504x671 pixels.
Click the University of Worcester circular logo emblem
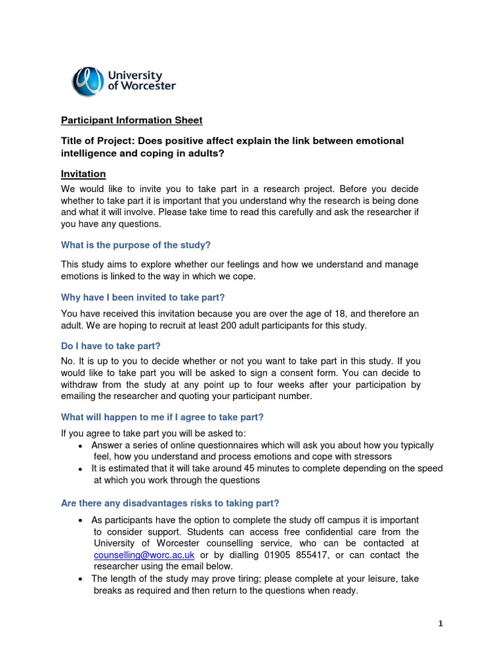(x=87, y=81)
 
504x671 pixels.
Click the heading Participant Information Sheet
(x=132, y=121)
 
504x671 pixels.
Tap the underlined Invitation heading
(x=83, y=174)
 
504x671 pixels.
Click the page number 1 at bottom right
(x=441, y=624)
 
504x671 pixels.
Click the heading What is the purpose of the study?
(x=136, y=245)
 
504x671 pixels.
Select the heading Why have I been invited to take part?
(x=143, y=297)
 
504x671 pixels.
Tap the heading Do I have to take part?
(x=111, y=345)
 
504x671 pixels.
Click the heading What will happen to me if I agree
(x=162, y=417)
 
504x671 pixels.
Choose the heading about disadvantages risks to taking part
(x=170, y=503)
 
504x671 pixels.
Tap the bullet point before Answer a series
(x=80, y=446)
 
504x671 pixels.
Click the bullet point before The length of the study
(x=80, y=579)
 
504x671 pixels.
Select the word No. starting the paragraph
(x=68, y=361)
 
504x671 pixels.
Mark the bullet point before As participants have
(x=80, y=520)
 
